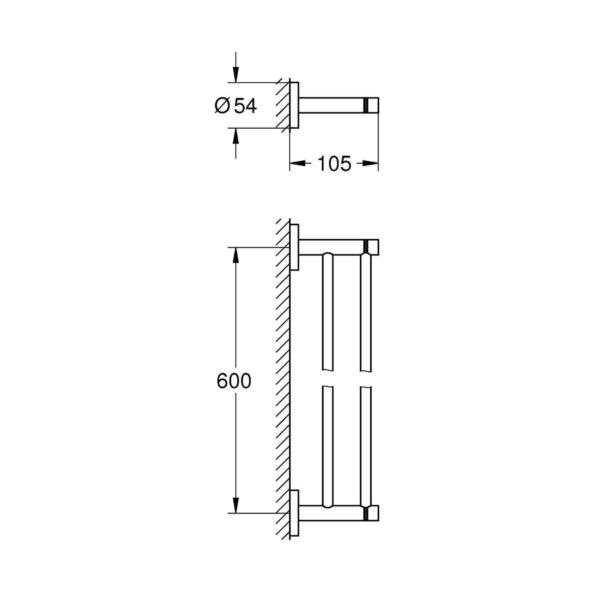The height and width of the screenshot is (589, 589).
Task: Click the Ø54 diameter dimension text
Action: tap(236, 106)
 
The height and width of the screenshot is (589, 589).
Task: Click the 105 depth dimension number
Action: tap(334, 164)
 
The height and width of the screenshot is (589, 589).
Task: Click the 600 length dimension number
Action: tap(234, 381)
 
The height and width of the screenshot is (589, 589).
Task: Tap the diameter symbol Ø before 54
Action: tap(222, 106)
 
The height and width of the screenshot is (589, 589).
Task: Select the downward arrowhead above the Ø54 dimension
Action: tap(236, 74)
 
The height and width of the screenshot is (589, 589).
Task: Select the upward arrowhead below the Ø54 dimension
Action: tap(236, 136)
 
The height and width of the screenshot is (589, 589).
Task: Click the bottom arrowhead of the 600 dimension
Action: tap(236, 505)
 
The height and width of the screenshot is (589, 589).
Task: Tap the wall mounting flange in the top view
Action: tap(294, 105)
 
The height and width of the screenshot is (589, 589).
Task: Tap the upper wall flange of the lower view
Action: tap(294, 247)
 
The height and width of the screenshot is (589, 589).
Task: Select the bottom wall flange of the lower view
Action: tap(294, 513)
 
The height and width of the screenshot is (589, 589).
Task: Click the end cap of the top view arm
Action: tap(371, 105)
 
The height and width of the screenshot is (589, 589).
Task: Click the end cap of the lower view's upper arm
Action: tap(371, 247)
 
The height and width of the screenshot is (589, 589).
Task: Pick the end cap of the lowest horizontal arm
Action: tap(371, 513)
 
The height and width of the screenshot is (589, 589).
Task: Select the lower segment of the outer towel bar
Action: tap(365, 446)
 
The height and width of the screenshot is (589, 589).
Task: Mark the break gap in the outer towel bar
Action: tap(365, 379)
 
